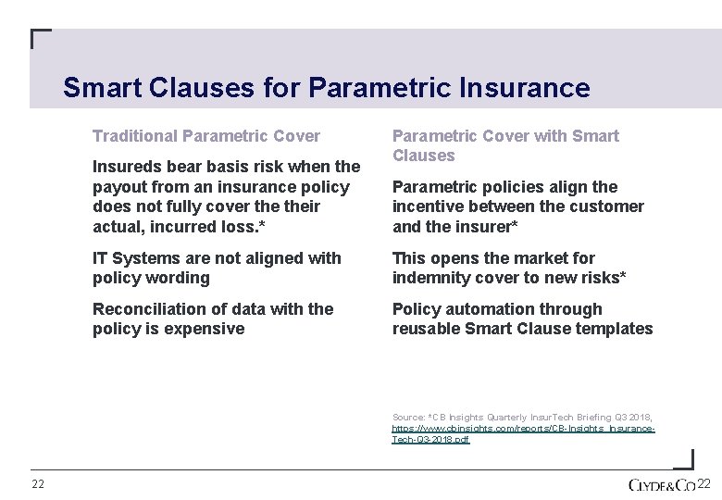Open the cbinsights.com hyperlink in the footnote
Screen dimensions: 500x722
[x=523, y=430]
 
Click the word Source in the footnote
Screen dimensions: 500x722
[x=407, y=419]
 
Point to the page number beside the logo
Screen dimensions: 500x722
[x=703, y=484]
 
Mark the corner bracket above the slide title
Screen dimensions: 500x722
[x=40, y=39]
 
